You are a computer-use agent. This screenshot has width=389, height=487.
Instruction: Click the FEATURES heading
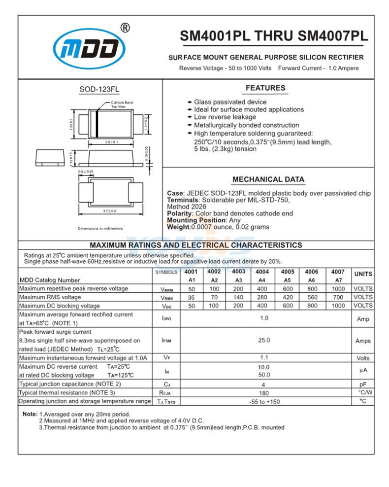tap(265, 88)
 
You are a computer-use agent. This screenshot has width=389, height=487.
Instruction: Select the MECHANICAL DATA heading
tap(268, 179)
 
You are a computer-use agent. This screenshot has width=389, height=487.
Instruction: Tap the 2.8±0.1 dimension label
tap(111, 142)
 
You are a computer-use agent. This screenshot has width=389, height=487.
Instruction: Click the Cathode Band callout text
tap(122, 103)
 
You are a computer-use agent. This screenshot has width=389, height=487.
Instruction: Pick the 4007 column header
tap(338, 272)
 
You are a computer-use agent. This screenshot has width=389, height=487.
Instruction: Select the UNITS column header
tap(363, 274)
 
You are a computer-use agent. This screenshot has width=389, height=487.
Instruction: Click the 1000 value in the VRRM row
tap(338, 289)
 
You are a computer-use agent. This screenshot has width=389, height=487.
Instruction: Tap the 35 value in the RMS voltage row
tap(192, 297)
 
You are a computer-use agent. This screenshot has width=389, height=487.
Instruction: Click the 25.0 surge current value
tap(264, 340)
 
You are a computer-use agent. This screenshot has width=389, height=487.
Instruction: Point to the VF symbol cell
tap(166, 358)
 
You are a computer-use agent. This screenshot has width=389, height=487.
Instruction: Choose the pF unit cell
tap(363, 384)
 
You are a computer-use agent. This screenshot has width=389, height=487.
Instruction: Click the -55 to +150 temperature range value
tap(264, 402)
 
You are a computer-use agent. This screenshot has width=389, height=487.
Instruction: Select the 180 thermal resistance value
tap(264, 393)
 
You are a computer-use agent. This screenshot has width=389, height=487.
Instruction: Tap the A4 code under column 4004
tap(262, 280)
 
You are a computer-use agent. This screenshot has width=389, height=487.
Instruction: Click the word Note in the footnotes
tap(30, 414)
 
